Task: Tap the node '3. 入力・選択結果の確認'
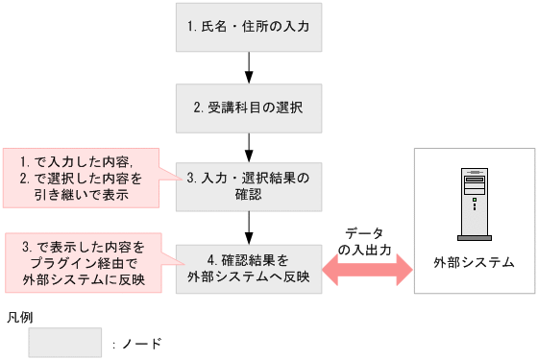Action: click(x=249, y=186)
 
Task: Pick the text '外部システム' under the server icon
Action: click(x=474, y=261)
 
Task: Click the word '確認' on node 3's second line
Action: click(x=249, y=194)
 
